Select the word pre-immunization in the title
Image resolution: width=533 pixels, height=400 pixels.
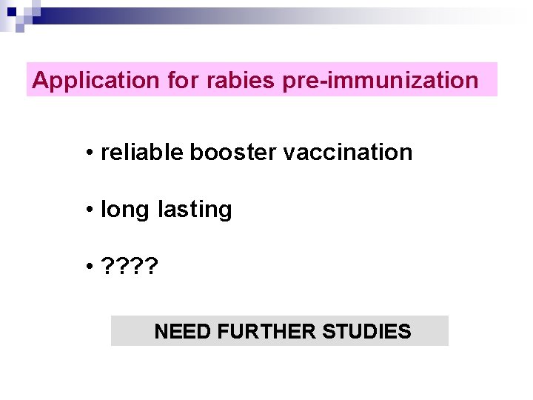pyautogui.click(x=381, y=80)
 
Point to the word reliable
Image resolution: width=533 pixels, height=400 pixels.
pyautogui.click(x=142, y=153)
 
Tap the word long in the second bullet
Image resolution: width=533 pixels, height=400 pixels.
pyautogui.click(x=124, y=210)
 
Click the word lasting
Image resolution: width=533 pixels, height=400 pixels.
pyautogui.click(x=195, y=210)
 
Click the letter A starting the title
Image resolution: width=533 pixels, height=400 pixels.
pyautogui.click(x=40, y=80)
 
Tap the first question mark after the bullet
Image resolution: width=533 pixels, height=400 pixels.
pyautogui.click(x=108, y=267)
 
